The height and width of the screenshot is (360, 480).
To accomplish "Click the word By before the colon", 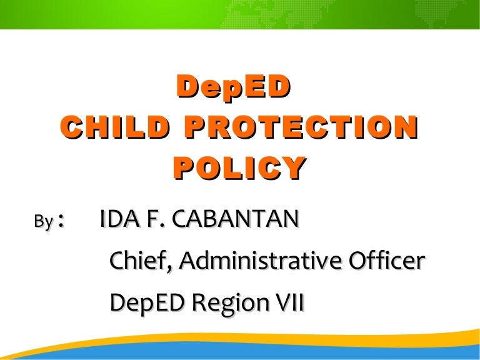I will [42, 222].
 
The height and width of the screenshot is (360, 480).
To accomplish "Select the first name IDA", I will [116, 220].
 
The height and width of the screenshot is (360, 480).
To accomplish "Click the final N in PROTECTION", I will [405, 127].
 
